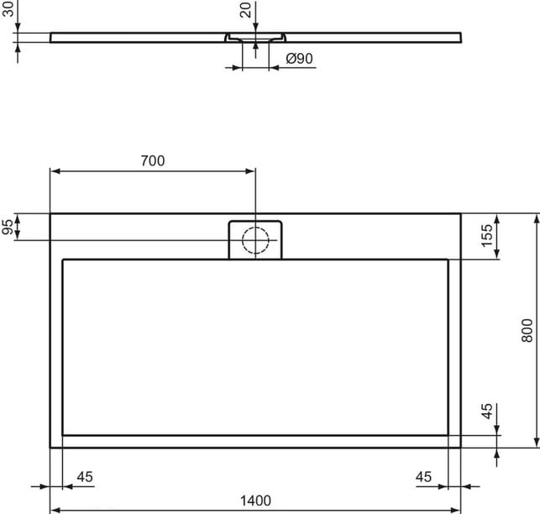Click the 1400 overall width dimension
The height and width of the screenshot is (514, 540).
pyautogui.click(x=255, y=501)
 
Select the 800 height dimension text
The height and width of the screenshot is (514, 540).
pyautogui.click(x=527, y=330)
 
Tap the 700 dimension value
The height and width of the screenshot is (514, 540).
pyautogui.click(x=153, y=161)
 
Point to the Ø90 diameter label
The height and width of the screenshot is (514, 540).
pyautogui.click(x=299, y=59)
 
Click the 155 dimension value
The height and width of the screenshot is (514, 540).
pyautogui.click(x=487, y=236)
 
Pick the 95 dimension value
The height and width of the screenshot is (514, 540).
pyautogui.click(x=8, y=226)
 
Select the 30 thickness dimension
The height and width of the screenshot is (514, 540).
pyautogui.click(x=8, y=9)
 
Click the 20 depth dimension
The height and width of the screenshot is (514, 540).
pyautogui.click(x=245, y=11)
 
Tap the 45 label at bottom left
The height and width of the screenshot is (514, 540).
pyautogui.click(x=85, y=477)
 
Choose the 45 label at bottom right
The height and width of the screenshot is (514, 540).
pyautogui.click(x=423, y=477)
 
